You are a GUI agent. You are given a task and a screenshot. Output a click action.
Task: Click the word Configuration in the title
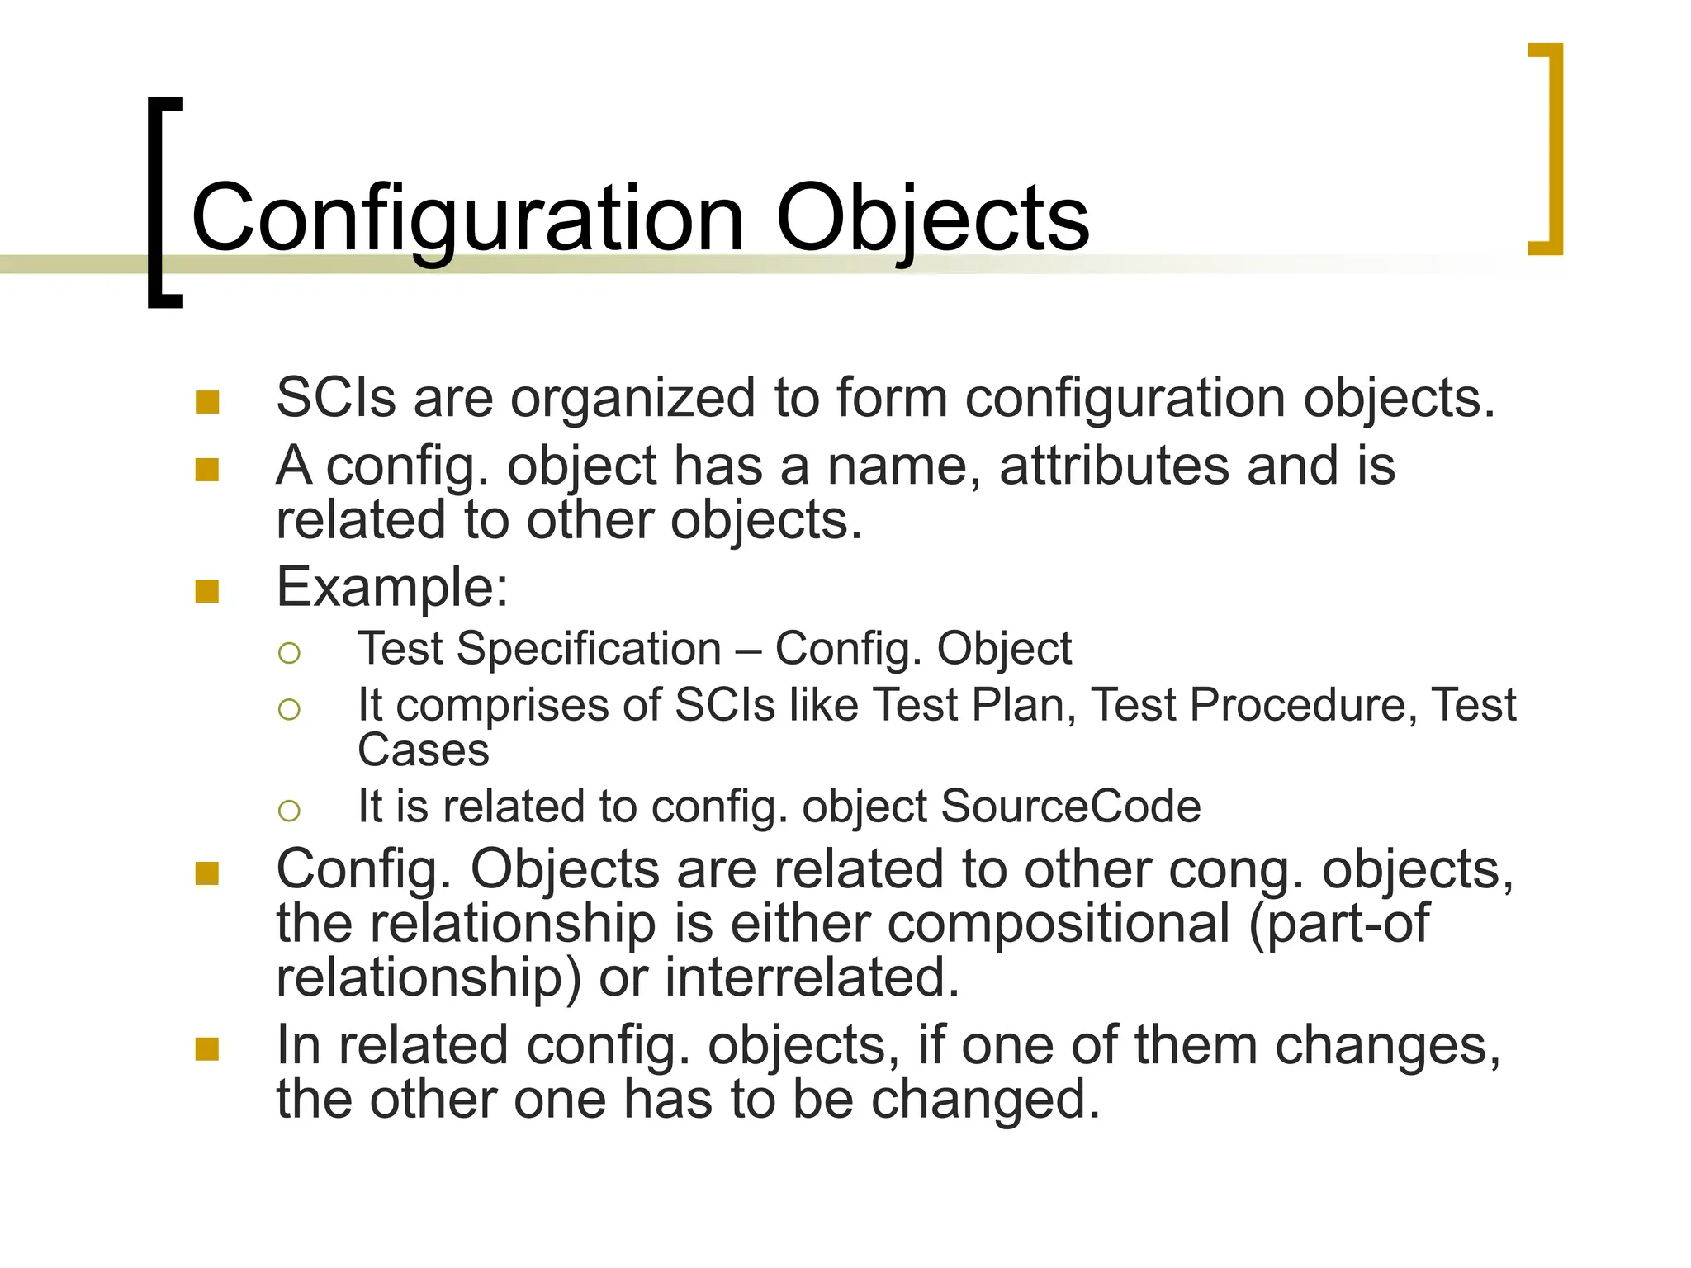click(x=467, y=220)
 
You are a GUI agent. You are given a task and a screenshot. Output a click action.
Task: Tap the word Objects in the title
click(x=932, y=220)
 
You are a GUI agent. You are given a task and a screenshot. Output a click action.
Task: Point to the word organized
click(x=632, y=400)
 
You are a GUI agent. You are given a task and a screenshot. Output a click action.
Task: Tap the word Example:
click(x=392, y=588)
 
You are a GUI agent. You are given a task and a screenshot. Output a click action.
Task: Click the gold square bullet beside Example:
click(x=207, y=591)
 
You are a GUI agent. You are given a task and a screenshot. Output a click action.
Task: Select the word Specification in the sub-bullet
click(x=589, y=649)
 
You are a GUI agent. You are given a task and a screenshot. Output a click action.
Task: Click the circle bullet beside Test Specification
click(x=289, y=653)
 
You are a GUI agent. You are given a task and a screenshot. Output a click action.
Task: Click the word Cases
click(x=423, y=750)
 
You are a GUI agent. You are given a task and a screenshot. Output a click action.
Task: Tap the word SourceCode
click(x=1070, y=807)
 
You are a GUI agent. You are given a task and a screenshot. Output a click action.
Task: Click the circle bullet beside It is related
click(x=289, y=811)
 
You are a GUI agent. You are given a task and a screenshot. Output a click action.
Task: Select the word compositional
click(x=1059, y=923)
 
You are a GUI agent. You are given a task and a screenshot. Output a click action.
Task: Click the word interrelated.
click(x=812, y=977)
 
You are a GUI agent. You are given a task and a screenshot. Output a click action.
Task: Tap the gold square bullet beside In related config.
click(x=207, y=1049)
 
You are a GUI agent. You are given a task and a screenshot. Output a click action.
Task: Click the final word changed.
click(x=986, y=1100)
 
